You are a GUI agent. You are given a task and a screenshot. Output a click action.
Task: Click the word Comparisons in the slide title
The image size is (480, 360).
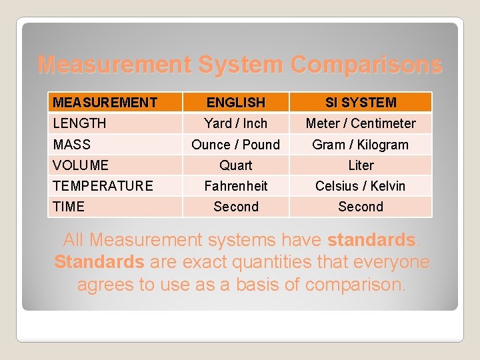tap(365, 65)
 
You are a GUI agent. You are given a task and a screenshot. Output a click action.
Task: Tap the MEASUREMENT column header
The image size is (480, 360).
tap(105, 103)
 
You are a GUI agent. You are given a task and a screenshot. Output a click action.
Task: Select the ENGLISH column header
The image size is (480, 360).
tap(236, 103)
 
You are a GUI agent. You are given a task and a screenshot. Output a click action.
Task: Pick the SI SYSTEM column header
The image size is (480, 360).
tap(361, 103)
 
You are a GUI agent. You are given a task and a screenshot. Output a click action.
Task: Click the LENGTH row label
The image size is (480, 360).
tap(79, 123)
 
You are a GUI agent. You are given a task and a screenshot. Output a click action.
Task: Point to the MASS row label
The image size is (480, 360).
tap(71, 145)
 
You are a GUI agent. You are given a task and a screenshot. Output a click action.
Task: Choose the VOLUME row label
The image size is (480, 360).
tap(81, 165)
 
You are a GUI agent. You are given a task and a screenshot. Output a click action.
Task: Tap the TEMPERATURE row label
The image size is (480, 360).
tap(103, 186)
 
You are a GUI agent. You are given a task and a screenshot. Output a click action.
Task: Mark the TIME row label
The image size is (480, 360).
tap(69, 207)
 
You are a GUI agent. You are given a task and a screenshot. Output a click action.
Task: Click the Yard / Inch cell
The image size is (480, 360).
tap(236, 123)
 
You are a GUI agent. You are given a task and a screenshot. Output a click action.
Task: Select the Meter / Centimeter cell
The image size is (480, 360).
tap(361, 123)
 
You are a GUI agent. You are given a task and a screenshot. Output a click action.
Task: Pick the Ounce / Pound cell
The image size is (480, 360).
tap(236, 145)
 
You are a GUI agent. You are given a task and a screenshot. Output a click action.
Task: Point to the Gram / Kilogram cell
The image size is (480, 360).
tap(361, 145)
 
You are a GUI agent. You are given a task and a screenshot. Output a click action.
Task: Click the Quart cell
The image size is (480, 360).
tap(236, 165)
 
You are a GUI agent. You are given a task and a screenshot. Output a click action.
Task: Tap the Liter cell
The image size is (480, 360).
tap(361, 165)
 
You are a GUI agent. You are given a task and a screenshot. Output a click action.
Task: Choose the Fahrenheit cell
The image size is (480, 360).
tap(236, 186)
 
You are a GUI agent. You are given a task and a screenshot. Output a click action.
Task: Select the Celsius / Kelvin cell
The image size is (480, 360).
tap(361, 186)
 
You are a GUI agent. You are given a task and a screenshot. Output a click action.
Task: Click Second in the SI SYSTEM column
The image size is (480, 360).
tap(361, 207)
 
